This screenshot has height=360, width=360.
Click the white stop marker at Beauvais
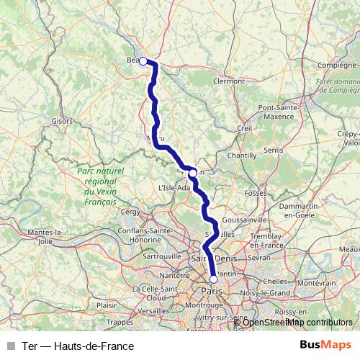[143, 61]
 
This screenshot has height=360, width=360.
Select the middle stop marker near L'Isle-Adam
[192, 173]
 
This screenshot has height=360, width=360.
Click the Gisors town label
[62, 121]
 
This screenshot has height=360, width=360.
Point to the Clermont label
[229, 81]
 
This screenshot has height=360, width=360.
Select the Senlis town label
[274, 149]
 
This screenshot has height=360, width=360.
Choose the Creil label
[243, 128]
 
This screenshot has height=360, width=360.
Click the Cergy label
[130, 212]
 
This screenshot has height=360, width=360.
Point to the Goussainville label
[240, 219]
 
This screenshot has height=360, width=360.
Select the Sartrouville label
[163, 256]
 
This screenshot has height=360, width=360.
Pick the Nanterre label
[174, 276]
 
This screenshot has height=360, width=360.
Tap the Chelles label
[275, 281]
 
